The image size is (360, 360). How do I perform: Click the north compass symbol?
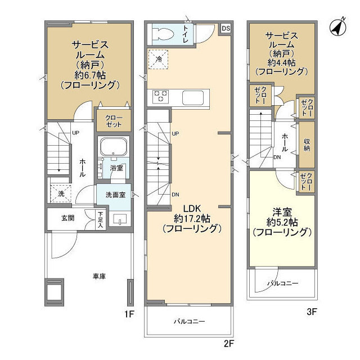[337, 27]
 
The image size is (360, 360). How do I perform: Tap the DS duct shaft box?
[226, 28]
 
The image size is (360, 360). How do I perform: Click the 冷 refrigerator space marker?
[158, 59]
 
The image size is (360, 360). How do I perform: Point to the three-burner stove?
[161, 96]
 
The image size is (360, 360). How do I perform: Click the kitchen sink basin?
[193, 97]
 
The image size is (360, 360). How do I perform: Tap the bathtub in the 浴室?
[114, 147]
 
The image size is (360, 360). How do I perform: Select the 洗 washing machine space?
[61, 193]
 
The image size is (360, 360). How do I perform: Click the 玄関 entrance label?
[67, 218]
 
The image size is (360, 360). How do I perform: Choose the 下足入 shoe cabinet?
[100, 220]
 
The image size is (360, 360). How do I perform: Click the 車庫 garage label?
[99, 276]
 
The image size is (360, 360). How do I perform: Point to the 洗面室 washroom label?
[115, 195]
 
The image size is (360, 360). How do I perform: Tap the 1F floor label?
[129, 314]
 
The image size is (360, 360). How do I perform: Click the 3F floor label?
[312, 312]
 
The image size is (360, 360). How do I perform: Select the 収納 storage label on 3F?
[307, 145]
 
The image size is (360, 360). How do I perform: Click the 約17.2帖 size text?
[192, 219]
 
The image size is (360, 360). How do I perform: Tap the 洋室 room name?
[282, 212]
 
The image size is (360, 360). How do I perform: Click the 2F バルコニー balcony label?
[189, 321]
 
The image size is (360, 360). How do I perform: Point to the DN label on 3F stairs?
[277, 157]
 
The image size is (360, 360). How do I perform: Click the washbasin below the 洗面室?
[120, 219]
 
